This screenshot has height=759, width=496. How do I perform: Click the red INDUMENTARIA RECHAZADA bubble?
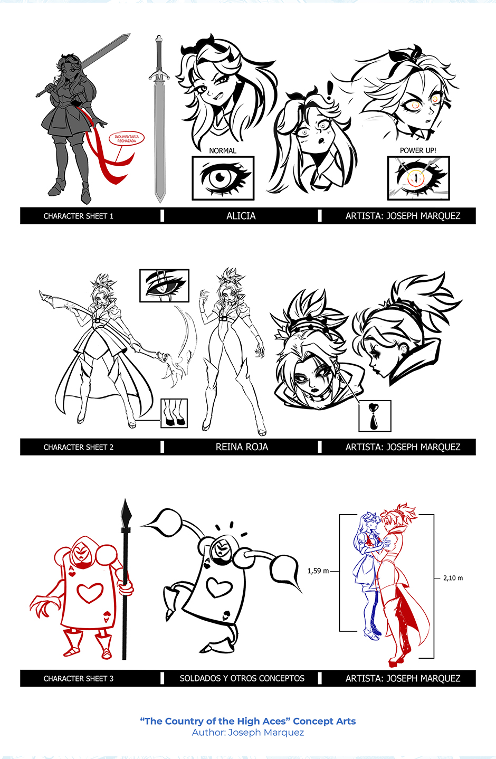pyautogui.click(x=127, y=139)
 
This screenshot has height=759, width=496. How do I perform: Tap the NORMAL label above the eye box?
pyautogui.click(x=223, y=151)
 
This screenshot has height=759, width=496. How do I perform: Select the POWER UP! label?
pyautogui.click(x=418, y=150)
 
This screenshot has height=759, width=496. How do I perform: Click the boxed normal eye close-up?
pyautogui.click(x=223, y=178)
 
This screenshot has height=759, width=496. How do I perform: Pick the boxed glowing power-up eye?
pyautogui.click(x=418, y=178)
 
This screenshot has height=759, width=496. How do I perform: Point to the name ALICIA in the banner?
pyautogui.click(x=241, y=216)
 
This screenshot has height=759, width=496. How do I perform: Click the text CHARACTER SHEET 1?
pyautogui.click(x=78, y=216)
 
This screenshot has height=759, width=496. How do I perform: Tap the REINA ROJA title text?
pyautogui.click(x=242, y=447)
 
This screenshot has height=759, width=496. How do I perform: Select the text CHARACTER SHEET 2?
pyautogui.click(x=78, y=447)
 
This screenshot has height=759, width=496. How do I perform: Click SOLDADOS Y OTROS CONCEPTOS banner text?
pyautogui.click(x=242, y=678)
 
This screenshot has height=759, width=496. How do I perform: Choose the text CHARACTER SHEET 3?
pyautogui.click(x=78, y=679)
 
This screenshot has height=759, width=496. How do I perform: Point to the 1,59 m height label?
pyautogui.click(x=318, y=571)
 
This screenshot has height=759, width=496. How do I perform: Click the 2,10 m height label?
pyautogui.click(x=453, y=578)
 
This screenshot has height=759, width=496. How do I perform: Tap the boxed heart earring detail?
pyautogui.click(x=375, y=416)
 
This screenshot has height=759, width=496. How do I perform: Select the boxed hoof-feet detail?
pyautogui.click(x=174, y=413)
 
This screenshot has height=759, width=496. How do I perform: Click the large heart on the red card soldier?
pyautogui.click(x=90, y=592)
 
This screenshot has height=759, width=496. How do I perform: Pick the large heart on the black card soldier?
pyautogui.click(x=220, y=588)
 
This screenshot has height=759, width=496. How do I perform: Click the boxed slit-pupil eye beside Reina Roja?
pyautogui.click(x=164, y=286)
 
